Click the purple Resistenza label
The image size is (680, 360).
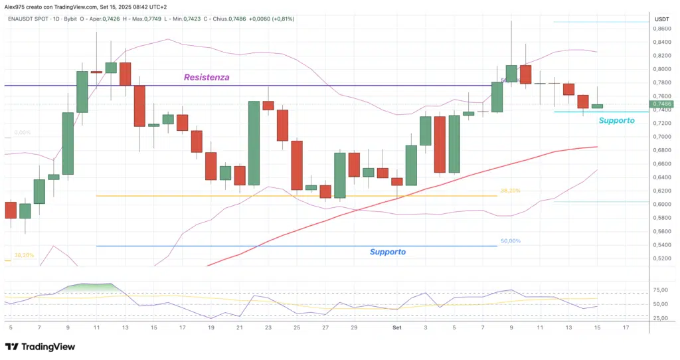coord(207,78)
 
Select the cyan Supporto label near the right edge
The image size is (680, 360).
coord(616,121)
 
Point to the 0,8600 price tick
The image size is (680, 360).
coord(661,29)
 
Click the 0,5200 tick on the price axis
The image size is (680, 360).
coord(661,258)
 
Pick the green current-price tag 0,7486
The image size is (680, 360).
coord(662,104)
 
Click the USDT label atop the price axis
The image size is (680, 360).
coord(661,19)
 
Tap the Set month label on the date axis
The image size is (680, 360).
coord(396,328)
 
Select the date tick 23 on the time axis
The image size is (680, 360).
coord(268,328)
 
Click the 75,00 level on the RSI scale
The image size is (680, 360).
coord(661,290)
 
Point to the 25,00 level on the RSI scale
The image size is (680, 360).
coord(661,318)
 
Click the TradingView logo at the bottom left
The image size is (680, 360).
coord(40,347)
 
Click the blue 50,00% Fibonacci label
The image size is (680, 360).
coord(511,241)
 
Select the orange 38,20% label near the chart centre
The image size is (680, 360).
coord(511,191)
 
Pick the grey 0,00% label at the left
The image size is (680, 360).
coord(22,133)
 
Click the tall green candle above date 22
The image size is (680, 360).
coord(254,143)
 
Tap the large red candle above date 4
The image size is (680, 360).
coord(440,145)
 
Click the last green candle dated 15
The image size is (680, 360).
coord(597,106)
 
